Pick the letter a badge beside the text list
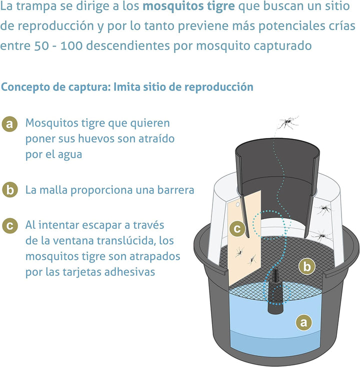coord(9,123)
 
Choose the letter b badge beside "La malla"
coord(9,190)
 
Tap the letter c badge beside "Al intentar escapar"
coord(9,225)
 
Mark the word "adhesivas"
coord(132,272)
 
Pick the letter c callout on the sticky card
coord(238,228)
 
